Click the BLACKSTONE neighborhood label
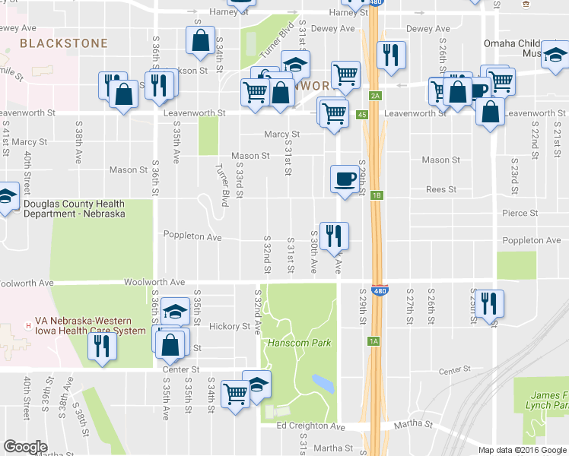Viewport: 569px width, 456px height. click(64, 43)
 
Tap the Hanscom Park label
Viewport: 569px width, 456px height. click(299, 343)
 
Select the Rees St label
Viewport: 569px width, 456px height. click(440, 189)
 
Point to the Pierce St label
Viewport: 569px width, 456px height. click(520, 214)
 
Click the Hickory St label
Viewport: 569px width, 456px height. click(229, 326)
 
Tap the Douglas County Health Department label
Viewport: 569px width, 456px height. click(74, 208)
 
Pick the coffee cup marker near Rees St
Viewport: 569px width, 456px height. click(344, 179)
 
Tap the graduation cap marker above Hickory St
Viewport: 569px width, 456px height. click(175, 312)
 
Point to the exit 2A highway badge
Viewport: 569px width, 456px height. click(375, 96)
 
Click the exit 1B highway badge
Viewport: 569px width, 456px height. click(377, 195)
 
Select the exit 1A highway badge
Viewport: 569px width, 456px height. click(374, 341)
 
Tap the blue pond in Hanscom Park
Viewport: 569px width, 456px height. click(323, 382)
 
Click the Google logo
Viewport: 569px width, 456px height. click(26, 447)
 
